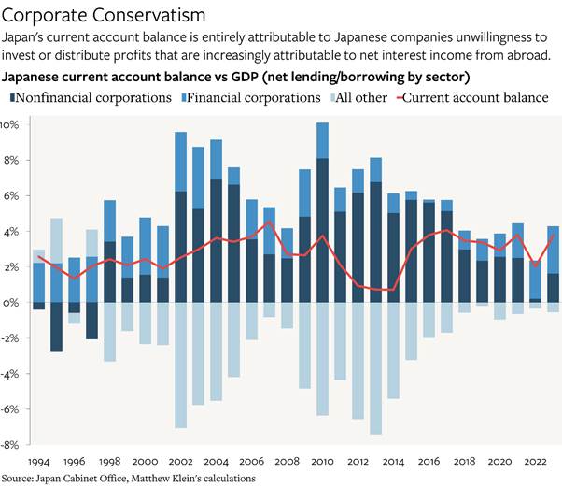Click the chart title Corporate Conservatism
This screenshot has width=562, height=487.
[103, 17]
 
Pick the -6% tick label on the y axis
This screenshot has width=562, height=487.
[8, 409]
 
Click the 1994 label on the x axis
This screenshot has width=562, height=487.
[37, 461]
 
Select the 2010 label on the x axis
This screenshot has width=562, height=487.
[322, 461]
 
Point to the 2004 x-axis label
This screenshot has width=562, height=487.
[216, 461]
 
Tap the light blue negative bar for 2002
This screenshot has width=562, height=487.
[180, 365]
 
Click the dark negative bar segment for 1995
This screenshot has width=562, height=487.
[56, 327]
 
